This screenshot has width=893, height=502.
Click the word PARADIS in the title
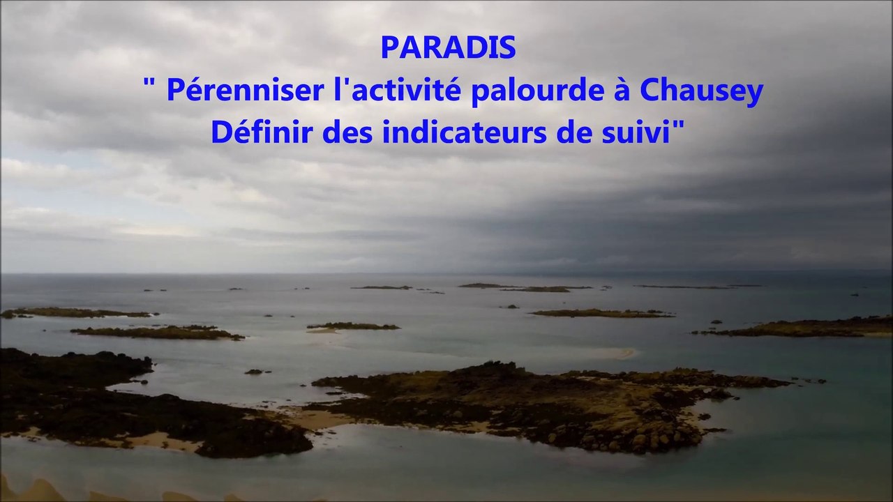point(449,47)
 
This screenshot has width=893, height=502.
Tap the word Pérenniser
point(245,90)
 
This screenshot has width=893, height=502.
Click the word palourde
point(538,91)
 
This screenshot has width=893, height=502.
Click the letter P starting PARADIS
point(389,47)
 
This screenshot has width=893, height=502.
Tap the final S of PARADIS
point(509,47)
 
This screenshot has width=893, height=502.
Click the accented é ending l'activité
point(453,90)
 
